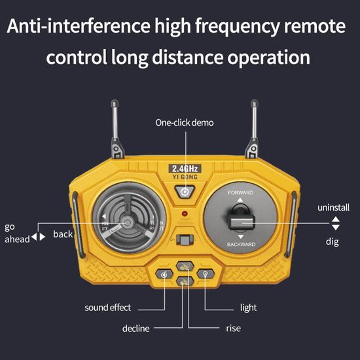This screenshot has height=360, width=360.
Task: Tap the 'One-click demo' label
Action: coord(184,122)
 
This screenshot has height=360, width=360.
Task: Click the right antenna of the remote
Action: coord(253,128)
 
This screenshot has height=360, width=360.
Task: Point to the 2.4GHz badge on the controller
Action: coord(186,168)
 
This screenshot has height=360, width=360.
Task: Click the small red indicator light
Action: coord(185,214)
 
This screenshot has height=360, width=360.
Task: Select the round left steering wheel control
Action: coord(128,222)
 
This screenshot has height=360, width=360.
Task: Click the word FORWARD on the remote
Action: coord(240,193)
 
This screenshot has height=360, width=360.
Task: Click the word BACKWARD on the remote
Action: coord(240,244)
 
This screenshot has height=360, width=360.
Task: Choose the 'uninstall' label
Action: coord(333,207)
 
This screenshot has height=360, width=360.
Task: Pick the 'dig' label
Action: coord(333,241)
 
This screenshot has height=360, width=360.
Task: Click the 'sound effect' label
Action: coord(108,308)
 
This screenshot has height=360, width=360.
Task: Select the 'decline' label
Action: coord(136,328)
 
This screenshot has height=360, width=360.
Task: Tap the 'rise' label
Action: coord(234,328)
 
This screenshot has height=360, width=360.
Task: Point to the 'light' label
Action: coord(248,308)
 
